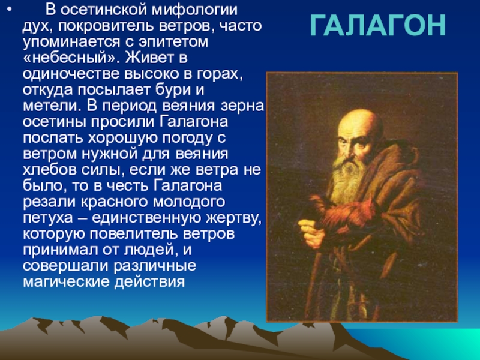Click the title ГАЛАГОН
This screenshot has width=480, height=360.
pyautogui.click(x=377, y=26)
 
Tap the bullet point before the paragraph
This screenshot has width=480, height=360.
pyautogui.click(x=10, y=10)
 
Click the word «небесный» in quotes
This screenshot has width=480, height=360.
pyautogui.click(x=71, y=58)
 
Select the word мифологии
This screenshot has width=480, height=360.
pyautogui.click(x=194, y=10)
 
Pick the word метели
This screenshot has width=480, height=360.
pyautogui.click(x=52, y=106)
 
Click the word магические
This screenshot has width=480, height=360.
pyautogui.click(x=66, y=281)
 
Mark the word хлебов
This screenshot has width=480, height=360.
pyautogui.click(x=50, y=170)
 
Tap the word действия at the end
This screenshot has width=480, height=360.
pyautogui.click(x=149, y=282)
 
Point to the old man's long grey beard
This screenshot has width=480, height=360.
pyautogui.click(x=349, y=181)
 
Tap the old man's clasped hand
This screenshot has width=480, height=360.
pyautogui.click(x=312, y=232)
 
